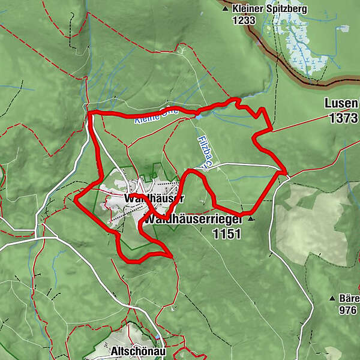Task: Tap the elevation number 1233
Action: point(246,20)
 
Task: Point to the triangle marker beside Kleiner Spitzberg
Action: point(226,10)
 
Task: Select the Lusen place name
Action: point(341,103)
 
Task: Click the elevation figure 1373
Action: point(343,118)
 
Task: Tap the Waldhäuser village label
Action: point(154,198)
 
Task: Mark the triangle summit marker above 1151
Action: point(251,219)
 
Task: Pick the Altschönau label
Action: point(133,349)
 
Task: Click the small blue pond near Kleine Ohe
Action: point(198,118)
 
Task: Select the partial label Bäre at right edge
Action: point(349,298)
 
